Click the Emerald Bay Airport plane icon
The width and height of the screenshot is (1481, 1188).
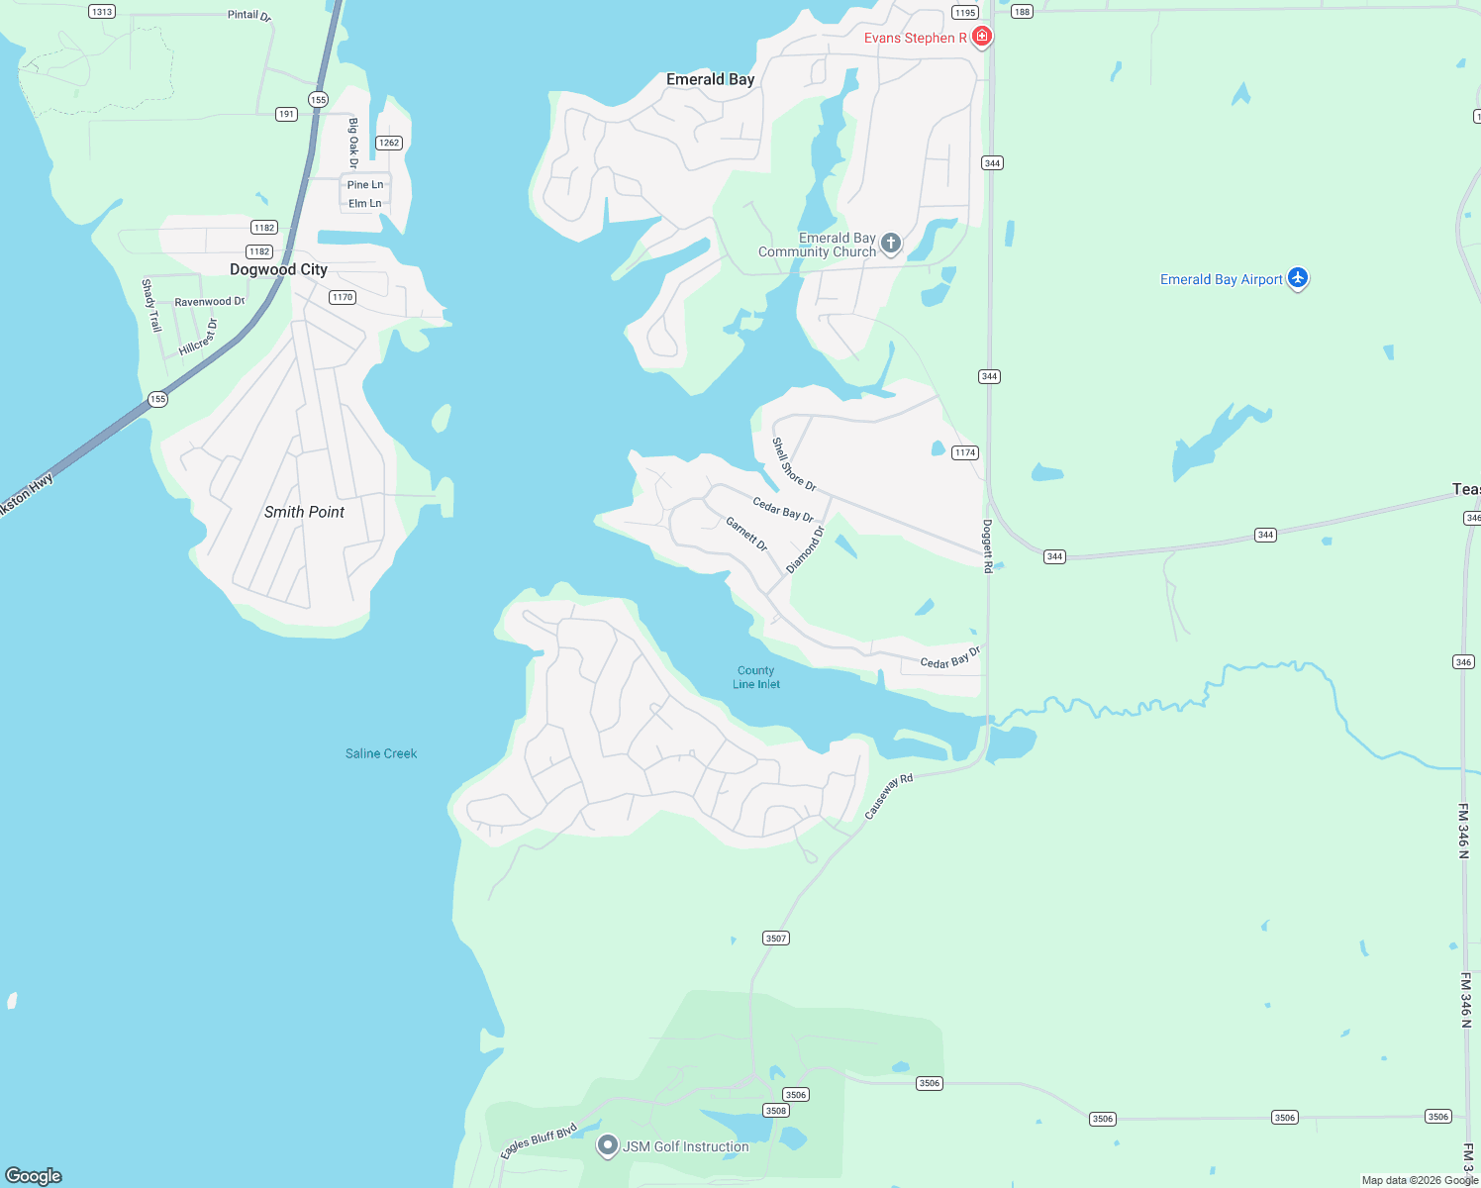click(x=1298, y=278)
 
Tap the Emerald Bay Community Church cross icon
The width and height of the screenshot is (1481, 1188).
click(x=891, y=243)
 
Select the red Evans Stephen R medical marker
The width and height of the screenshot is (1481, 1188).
click(x=982, y=37)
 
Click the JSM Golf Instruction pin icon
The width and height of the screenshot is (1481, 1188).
click(x=608, y=1145)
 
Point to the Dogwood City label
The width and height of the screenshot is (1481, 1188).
click(x=278, y=269)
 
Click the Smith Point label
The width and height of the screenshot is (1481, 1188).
click(x=304, y=512)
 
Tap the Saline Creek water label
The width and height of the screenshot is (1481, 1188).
click(x=381, y=753)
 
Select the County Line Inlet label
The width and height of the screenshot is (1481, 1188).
click(x=756, y=677)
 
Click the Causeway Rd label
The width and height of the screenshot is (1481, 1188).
click(x=888, y=797)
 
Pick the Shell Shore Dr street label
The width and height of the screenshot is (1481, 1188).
click(x=794, y=464)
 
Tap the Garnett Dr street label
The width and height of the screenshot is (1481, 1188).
click(x=746, y=534)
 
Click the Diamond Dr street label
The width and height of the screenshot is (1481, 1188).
click(x=805, y=549)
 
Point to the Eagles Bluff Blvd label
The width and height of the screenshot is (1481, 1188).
click(x=539, y=1140)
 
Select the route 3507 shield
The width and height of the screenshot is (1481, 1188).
click(x=776, y=938)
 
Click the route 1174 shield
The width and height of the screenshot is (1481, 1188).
click(x=964, y=452)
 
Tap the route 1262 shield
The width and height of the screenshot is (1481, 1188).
click(x=389, y=143)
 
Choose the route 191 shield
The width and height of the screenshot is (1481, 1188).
click(x=286, y=114)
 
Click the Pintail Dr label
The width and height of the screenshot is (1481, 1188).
click(x=248, y=15)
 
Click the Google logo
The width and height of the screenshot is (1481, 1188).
click(x=34, y=1175)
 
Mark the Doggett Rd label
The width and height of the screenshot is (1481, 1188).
click(x=987, y=546)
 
